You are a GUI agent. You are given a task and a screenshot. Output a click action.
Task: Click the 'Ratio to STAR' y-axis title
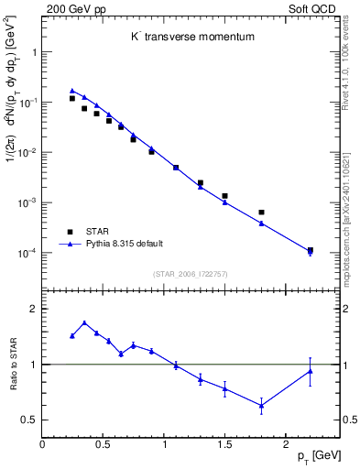(x=12, y=365)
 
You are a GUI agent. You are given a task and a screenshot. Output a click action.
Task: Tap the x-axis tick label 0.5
(x=103, y=444)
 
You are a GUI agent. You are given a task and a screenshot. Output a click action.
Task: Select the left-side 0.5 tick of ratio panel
(x=30, y=420)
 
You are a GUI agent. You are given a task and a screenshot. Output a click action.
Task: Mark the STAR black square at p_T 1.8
(x=261, y=213)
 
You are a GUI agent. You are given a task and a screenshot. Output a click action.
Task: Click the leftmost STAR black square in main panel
(x=72, y=98)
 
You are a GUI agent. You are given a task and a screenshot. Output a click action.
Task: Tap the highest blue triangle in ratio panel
(x=84, y=322)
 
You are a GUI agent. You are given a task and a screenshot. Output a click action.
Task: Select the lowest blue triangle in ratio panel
(x=261, y=405)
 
